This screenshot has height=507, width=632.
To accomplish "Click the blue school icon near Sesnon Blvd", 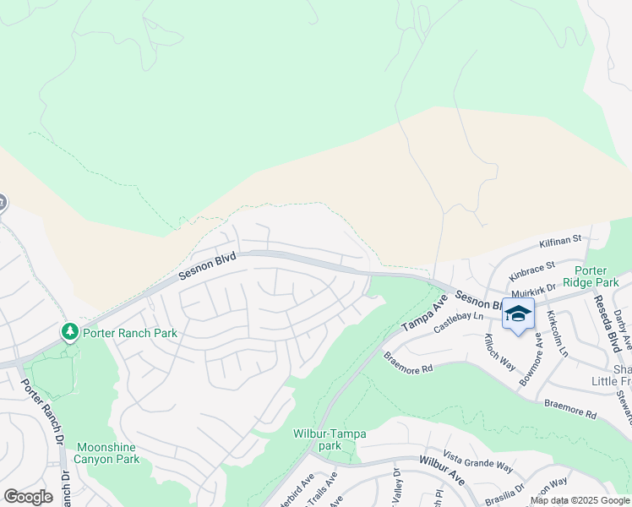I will [518, 315].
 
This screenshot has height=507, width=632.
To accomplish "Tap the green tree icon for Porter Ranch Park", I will [71, 332].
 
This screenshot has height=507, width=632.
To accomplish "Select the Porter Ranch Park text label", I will [130, 333].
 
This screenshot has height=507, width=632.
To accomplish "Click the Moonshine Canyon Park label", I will [107, 453].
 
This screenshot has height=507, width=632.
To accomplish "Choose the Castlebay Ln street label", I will [457, 319].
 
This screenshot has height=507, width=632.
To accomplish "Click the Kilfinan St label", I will [561, 241].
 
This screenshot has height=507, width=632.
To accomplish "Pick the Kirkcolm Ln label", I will [552, 333].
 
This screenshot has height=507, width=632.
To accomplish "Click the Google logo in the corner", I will [28, 497].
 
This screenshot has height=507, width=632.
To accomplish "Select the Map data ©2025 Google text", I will [579, 500].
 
